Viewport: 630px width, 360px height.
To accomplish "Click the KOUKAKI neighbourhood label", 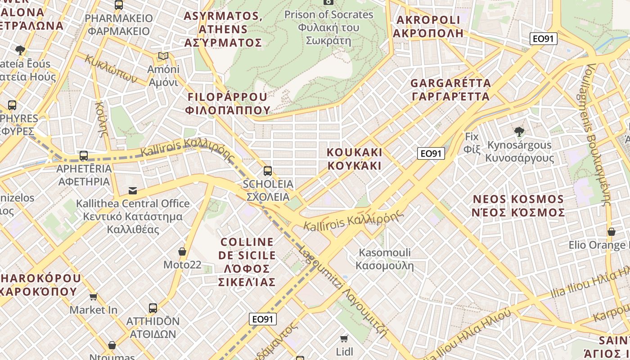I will pos(355,159).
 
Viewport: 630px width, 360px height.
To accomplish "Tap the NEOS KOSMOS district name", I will pos(518,206).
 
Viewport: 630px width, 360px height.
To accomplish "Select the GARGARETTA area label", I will pos(450,90).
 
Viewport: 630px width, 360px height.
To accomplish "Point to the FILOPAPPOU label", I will pos(228,103).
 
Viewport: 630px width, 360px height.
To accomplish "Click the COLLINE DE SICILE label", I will pos(247,262).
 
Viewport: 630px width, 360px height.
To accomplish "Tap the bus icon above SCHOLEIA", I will pos(268,171).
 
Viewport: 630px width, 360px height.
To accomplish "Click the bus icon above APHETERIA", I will pos(84,156).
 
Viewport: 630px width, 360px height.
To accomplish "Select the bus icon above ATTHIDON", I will pos(153,308).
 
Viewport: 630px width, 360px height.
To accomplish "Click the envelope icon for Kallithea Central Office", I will pos(133,191).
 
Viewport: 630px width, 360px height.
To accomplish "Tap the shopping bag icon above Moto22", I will pos(182,252).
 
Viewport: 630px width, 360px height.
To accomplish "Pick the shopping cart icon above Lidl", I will pos(344,338).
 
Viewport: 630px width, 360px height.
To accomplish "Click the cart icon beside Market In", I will pos(93,297).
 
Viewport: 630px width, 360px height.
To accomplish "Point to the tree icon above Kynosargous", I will pos(519,132).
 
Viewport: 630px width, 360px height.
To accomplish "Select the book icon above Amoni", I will pos(163,56).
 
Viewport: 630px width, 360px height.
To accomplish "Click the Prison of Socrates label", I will pos(328,27).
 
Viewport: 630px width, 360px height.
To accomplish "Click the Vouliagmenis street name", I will pos(598,135).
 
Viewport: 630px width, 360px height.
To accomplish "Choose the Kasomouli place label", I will pos(385,259).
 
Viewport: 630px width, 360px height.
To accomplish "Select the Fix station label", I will pos(472,142).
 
